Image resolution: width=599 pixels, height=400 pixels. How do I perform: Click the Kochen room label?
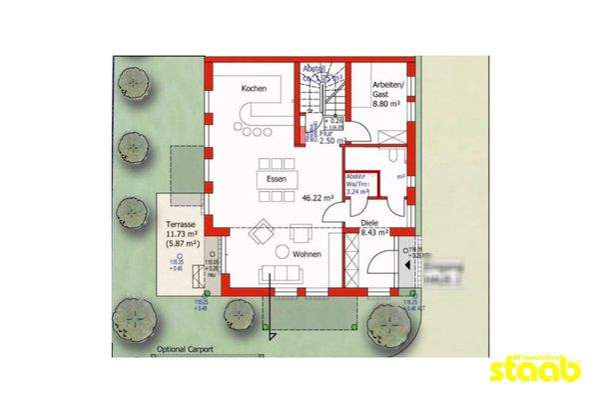(254, 89)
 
